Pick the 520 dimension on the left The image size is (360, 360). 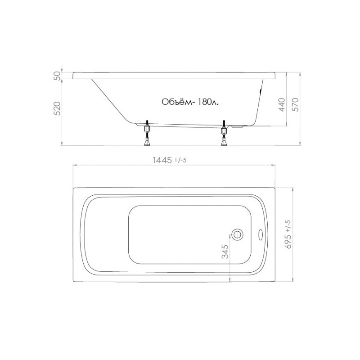click(57, 109)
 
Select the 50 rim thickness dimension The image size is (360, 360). click(57, 76)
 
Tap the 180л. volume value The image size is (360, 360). click(208, 103)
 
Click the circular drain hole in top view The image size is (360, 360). click(237, 234)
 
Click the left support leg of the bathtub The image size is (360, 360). click(146, 134)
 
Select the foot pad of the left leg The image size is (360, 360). click(146, 143)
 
